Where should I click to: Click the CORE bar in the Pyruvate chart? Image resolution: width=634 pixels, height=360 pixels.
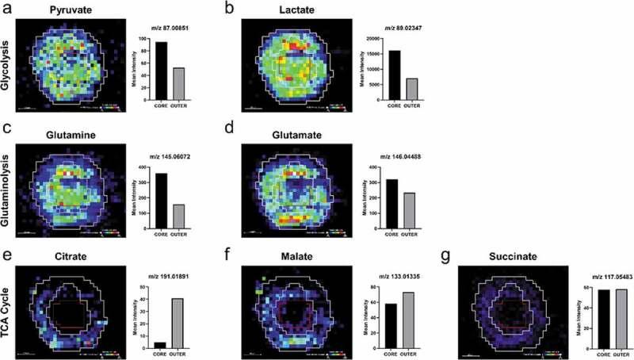click(161, 71)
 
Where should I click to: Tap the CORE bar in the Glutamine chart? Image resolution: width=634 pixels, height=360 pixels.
click(161, 199)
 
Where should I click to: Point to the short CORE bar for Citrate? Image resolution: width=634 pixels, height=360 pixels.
click(161, 344)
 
